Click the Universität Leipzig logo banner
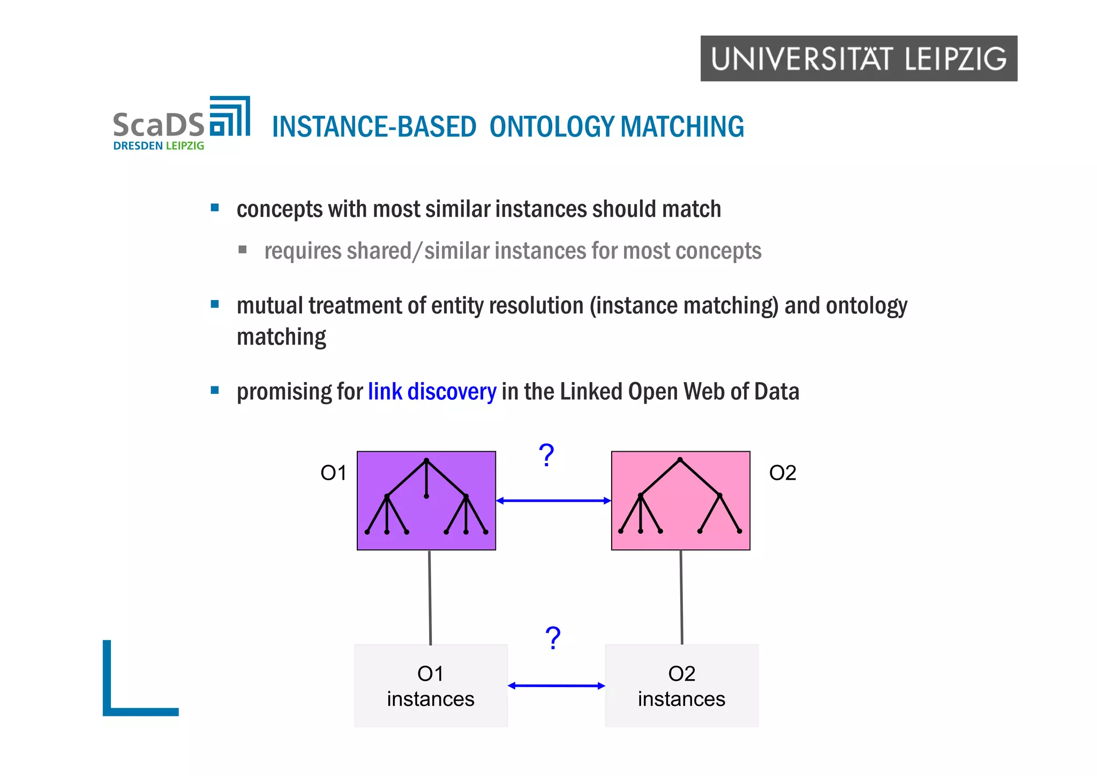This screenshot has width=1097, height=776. pyautogui.click(x=858, y=58)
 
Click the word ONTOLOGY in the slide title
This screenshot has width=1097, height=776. pyautogui.click(x=552, y=127)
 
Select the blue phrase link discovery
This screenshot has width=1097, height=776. pyautogui.click(x=432, y=391)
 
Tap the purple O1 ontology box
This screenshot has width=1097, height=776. pyautogui.click(x=426, y=501)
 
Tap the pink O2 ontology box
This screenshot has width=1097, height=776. pyautogui.click(x=680, y=501)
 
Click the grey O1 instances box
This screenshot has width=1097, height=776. pyautogui.click(x=431, y=685)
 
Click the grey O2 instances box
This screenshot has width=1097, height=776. pyautogui.click(x=681, y=685)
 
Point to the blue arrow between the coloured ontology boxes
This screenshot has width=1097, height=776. pyautogui.click(x=553, y=501)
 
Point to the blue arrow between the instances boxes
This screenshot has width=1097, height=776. pyautogui.click(x=556, y=685)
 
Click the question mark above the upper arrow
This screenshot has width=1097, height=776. pyautogui.click(x=546, y=456)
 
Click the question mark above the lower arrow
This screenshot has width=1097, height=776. pyautogui.click(x=553, y=638)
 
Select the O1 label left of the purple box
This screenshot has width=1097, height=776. pyautogui.click(x=333, y=473)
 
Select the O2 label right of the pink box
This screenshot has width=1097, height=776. pyautogui.click(x=782, y=473)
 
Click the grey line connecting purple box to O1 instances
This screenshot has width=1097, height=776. pyautogui.click(x=430, y=598)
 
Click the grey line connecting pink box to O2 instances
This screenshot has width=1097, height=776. pyautogui.click(x=681, y=598)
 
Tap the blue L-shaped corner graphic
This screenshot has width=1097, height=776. pyautogui.click(x=107, y=697)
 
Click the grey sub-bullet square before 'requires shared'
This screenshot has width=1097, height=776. pyautogui.click(x=242, y=249)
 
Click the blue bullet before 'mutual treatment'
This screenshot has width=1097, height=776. pyautogui.click(x=215, y=304)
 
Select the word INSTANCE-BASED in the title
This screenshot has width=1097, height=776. pyautogui.click(x=374, y=127)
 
